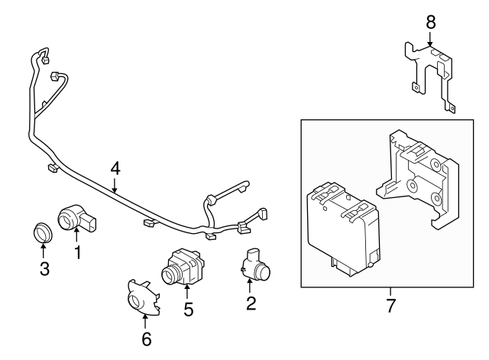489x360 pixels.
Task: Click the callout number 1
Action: coord(77,251)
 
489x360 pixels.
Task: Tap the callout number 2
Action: coord(251,304)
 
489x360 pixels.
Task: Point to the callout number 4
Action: coord(115,167)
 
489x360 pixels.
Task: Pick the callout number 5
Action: coord(187,310)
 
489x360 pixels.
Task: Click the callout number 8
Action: coord(430,21)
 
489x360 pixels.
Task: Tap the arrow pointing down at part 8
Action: coord(430,38)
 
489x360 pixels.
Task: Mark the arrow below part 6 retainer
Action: coord(145,320)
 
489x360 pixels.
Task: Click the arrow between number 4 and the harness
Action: coord(115,183)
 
